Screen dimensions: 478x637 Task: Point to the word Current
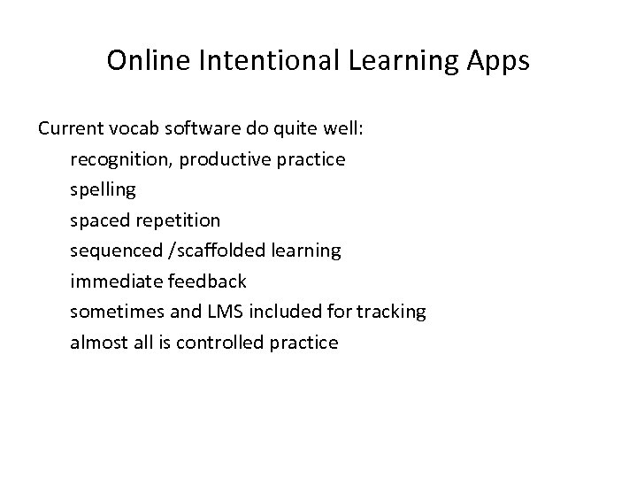pyautogui.click(x=71, y=129)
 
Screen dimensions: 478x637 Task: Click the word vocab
pyautogui.click(x=134, y=129)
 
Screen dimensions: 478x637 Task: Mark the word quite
pyautogui.click(x=297, y=129)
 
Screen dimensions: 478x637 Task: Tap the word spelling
pyautogui.click(x=103, y=189)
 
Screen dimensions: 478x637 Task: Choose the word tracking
pyautogui.click(x=394, y=311)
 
